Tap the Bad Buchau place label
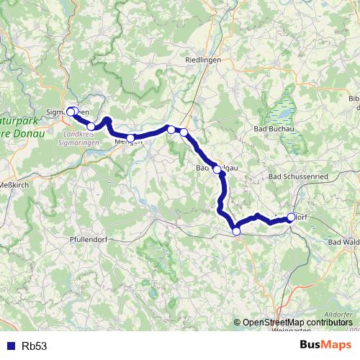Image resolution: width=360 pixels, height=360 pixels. coord(273,129)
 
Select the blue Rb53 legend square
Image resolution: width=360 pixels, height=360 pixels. coord(9,346)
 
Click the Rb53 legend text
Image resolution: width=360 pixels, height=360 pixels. coord(35,346)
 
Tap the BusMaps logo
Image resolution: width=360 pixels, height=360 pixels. coord(325,345)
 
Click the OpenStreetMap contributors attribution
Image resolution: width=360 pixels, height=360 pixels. coord(298,323)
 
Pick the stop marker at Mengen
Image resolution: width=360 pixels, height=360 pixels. coord(130,138)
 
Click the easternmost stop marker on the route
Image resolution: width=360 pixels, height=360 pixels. coord(292,217)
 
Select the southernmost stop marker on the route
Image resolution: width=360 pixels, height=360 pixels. coord(236,230)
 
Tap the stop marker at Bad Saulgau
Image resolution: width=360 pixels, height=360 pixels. coord(217,169)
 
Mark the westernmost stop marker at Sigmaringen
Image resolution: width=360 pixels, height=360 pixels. coord(70,111)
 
